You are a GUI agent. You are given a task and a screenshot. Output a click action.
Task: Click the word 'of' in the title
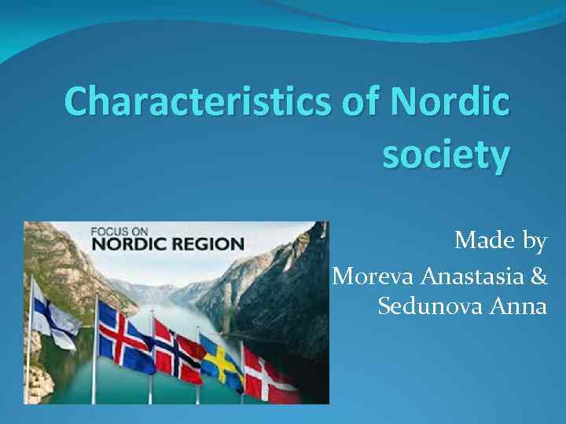pyautogui.click(x=362, y=104)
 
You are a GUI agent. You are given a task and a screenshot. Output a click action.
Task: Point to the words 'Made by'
pyautogui.click(x=500, y=241)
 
